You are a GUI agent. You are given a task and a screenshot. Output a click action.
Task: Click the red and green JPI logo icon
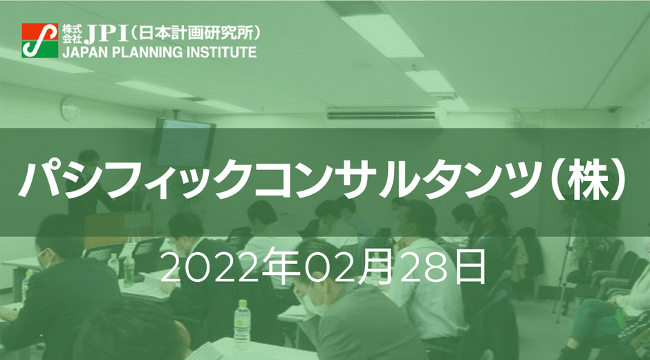(x=40, y=41)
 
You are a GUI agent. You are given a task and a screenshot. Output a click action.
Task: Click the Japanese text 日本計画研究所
(x=195, y=34)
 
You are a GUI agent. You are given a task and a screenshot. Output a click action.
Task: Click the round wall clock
(x=70, y=109)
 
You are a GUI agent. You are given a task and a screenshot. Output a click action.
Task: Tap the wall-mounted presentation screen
(x=183, y=142)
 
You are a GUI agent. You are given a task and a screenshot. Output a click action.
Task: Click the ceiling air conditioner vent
(x=382, y=113)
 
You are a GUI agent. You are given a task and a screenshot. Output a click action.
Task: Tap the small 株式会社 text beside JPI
(x=72, y=34)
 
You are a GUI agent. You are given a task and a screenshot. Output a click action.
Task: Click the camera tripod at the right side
(x=571, y=261)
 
